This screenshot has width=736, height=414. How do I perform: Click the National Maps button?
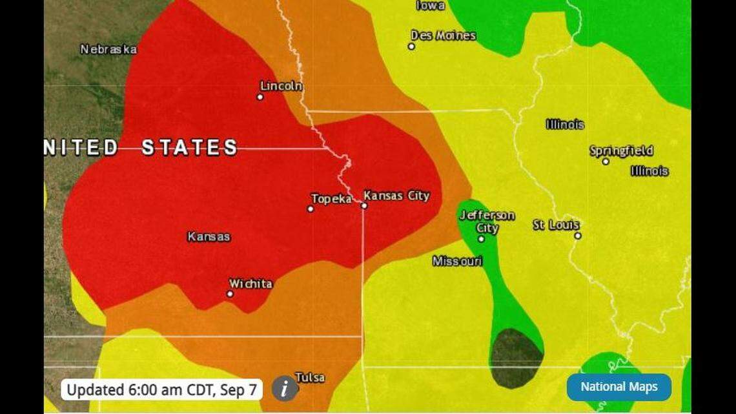point(618,387)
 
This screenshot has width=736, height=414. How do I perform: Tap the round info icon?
point(285,389)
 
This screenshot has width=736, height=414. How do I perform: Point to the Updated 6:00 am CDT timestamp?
point(162,390)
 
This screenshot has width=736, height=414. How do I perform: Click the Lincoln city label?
point(281,86)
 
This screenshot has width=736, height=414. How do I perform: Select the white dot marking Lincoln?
point(260,97)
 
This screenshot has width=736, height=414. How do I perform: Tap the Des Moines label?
point(444,36)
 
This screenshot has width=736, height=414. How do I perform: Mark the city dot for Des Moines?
point(411,47)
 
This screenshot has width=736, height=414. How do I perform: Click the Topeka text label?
point(331,199)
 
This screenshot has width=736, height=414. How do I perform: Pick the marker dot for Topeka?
point(311,209)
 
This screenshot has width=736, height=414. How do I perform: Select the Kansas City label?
point(396,196)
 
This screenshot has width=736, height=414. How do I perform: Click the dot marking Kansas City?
point(364,205)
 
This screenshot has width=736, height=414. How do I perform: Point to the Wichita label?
point(250,284)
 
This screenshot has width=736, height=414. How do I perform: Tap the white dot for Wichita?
point(230,294)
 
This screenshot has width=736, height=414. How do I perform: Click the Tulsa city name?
point(310,377)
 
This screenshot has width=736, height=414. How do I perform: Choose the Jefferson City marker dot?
point(481,239)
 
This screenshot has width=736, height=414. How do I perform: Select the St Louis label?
point(556,225)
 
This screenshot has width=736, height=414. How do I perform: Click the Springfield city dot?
point(606,161)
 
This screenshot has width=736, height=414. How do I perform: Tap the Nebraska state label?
point(108,49)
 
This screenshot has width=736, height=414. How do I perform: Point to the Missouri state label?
point(457,261)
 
